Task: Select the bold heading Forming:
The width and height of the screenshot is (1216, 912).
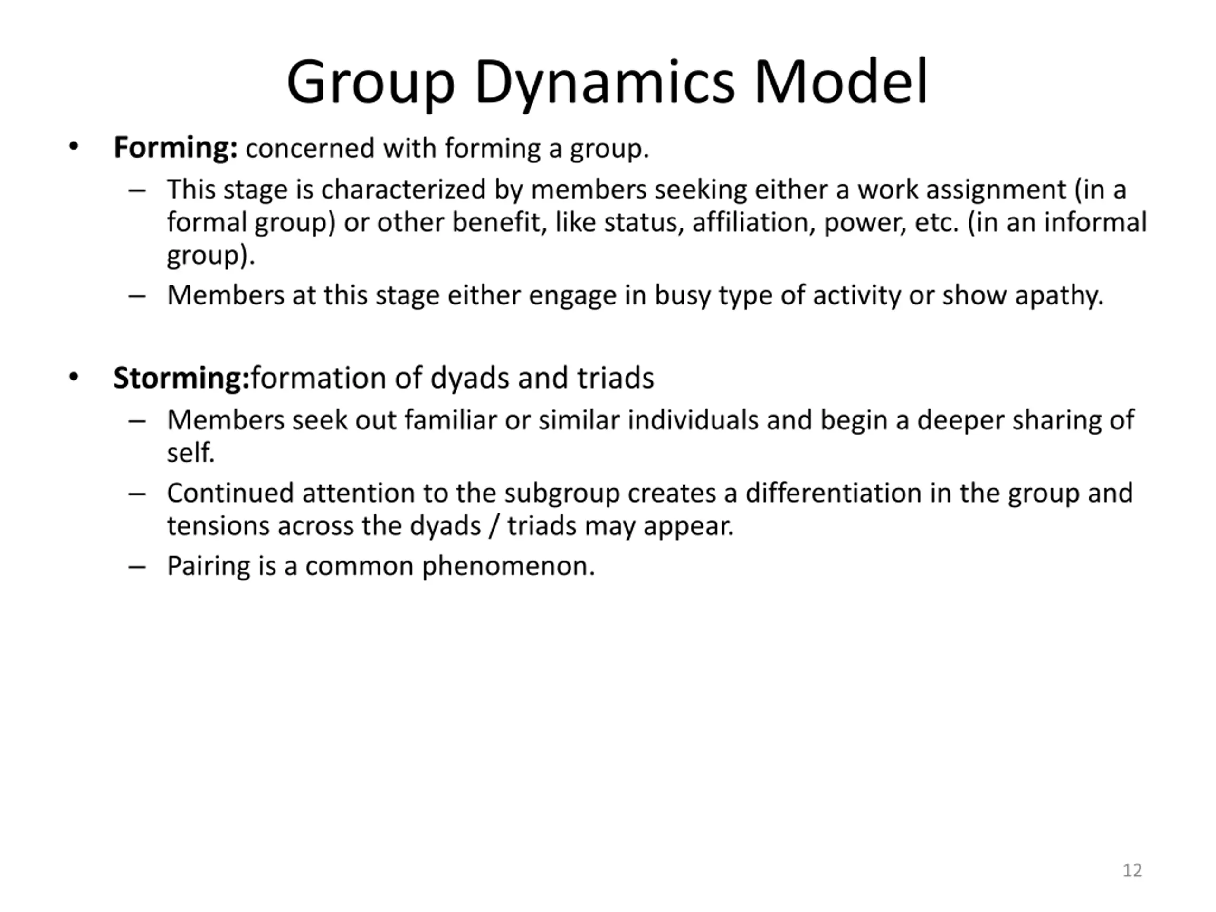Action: [x=175, y=148]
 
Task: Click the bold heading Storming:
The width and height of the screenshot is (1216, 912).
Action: [x=181, y=378]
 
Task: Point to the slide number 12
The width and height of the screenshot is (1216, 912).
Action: [x=1132, y=870]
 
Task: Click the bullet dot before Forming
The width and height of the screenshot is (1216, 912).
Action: [x=74, y=147]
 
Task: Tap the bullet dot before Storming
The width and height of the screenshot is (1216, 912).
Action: [x=74, y=378]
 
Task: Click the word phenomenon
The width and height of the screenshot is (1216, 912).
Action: [x=508, y=566]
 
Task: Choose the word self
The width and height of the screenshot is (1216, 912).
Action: [x=190, y=453]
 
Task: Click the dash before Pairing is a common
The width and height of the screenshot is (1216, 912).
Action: [x=137, y=567]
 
